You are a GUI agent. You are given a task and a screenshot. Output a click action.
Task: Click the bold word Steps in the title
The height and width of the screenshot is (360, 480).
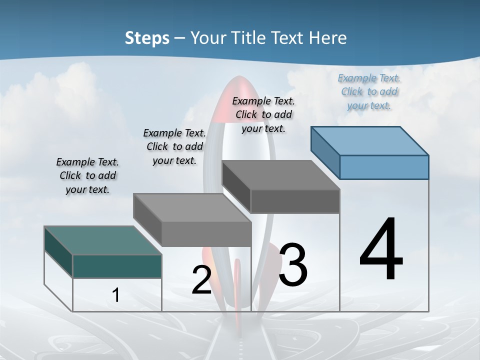point(147,37)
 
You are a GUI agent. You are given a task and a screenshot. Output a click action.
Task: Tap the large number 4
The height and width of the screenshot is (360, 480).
point(381,250)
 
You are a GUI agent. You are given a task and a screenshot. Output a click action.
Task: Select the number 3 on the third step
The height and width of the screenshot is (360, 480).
point(293,265)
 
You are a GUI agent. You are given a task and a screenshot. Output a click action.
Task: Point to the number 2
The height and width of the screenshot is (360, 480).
point(201,280)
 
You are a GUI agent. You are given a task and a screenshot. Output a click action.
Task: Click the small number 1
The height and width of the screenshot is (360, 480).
point(116,295)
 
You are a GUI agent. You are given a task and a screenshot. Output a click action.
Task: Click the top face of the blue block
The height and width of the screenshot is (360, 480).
point(370,140)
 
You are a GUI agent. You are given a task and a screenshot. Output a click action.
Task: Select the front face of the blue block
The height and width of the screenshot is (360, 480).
point(384,167)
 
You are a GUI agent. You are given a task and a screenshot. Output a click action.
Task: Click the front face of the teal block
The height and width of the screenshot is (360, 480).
point(117,266)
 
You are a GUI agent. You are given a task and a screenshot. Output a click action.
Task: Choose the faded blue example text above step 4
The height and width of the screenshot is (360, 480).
point(369,92)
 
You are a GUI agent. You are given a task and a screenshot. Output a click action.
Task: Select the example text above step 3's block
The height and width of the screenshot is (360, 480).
point(263,115)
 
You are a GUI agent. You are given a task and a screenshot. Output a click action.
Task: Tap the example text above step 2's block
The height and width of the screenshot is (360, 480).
point(174,146)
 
